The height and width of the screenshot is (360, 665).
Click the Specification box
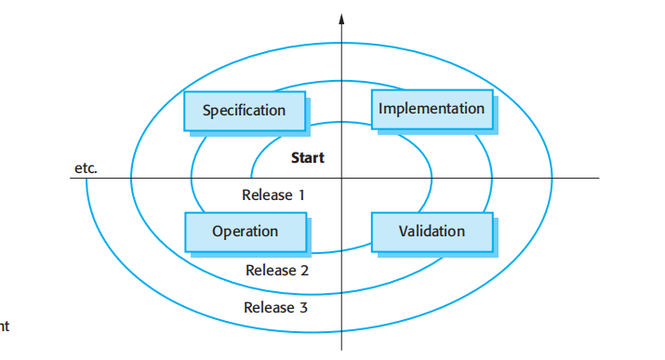245,111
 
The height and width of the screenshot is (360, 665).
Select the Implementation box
432,109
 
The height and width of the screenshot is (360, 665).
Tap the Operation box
245,232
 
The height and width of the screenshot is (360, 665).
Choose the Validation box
432,231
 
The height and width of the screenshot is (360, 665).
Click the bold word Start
307,158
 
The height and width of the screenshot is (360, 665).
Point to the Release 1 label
273,195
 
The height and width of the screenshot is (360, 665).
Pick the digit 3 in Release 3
303,307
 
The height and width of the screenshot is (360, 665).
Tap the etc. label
86,168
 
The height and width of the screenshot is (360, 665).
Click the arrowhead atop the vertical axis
341,19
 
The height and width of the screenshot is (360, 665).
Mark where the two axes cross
341,178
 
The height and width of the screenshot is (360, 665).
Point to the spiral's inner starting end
251,177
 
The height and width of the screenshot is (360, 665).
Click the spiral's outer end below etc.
86,180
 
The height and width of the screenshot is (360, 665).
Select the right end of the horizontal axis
599,178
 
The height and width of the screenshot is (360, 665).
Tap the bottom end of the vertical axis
341,350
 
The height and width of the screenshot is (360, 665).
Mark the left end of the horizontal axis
72,178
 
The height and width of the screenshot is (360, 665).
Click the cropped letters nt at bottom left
4,327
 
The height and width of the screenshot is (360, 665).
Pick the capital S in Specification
206,111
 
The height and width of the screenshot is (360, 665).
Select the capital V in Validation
404,231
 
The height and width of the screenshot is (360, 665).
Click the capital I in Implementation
381,109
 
